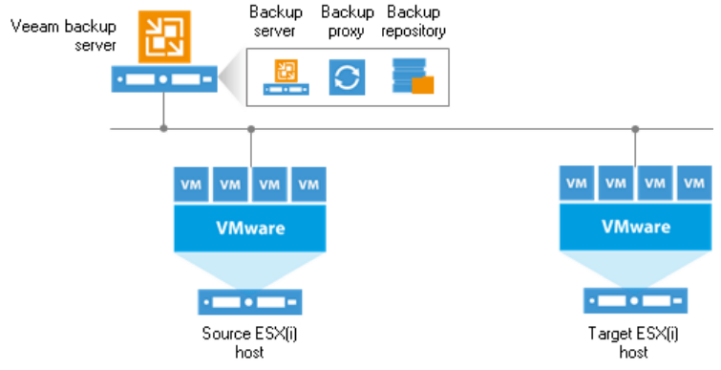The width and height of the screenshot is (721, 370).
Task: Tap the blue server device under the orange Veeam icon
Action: coord(164,79)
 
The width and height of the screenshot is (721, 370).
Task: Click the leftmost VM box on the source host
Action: coord(189,184)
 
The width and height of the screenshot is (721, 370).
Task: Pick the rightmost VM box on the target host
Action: coord(693,183)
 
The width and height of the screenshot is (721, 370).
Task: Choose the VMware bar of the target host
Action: coord(634,229)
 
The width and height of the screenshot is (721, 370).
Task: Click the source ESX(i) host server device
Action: coord(249,302)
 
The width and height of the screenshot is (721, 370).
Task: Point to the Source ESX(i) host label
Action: coord(249,342)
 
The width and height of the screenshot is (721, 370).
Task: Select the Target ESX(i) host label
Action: coord(634,342)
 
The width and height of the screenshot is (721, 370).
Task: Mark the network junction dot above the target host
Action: coord(634,128)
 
